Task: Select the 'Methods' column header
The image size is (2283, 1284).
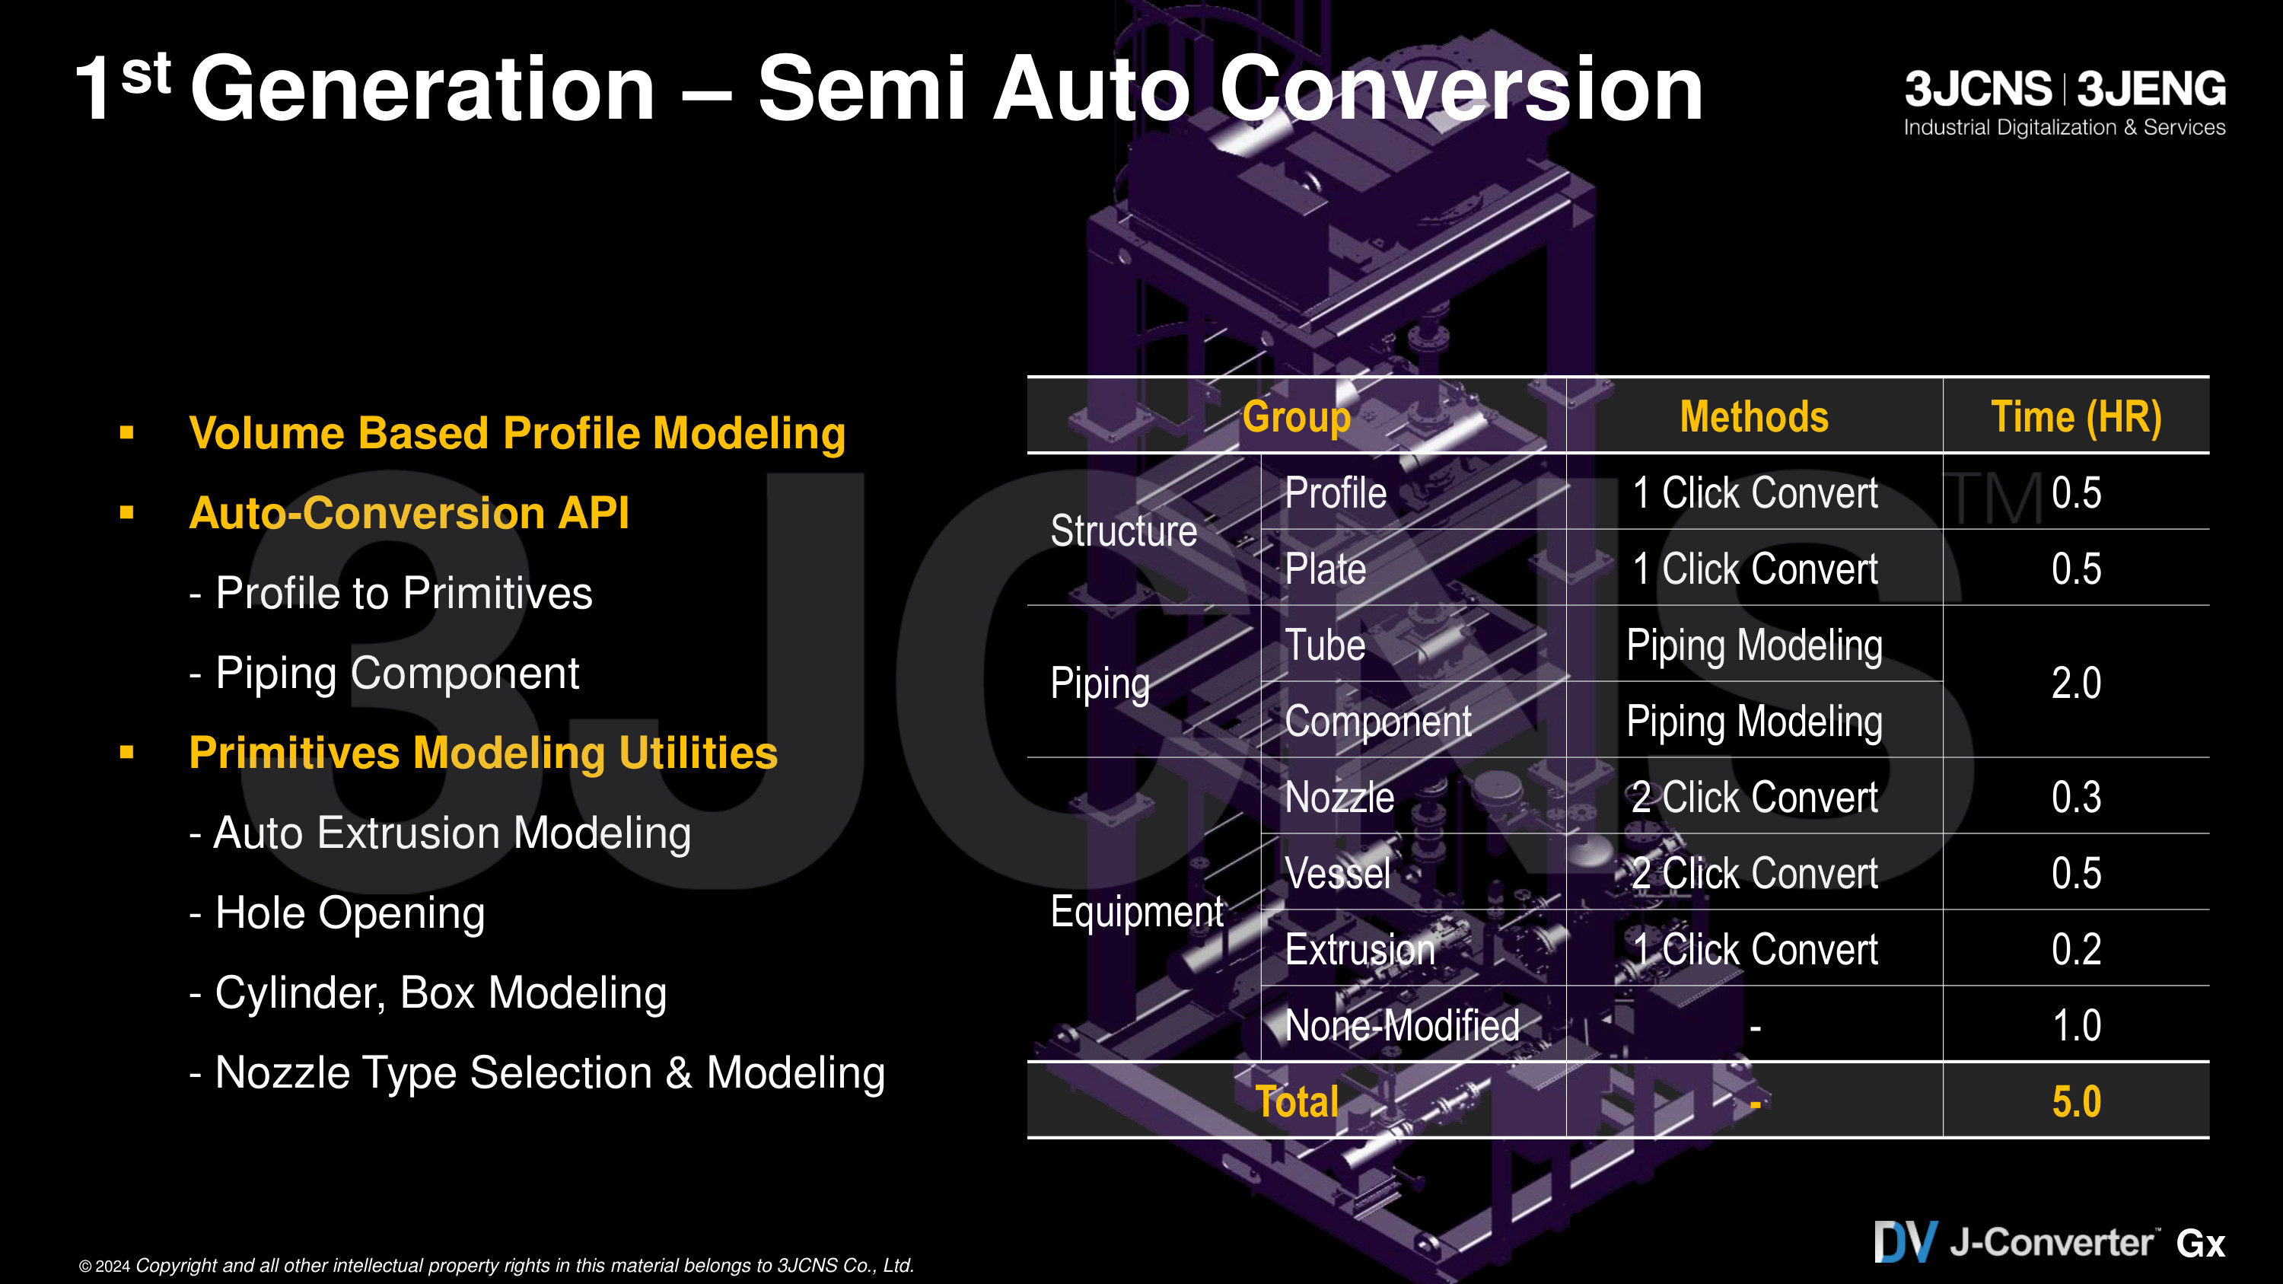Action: pyautogui.click(x=1754, y=416)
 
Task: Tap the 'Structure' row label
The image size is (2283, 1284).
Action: pyautogui.click(x=1124, y=530)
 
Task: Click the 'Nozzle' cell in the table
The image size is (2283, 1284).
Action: pyautogui.click(x=1339, y=797)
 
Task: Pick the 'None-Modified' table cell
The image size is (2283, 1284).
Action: pyautogui.click(x=1402, y=1025)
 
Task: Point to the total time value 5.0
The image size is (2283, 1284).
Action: pyautogui.click(x=2077, y=1101)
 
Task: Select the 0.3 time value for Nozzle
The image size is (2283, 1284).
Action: pyautogui.click(x=2077, y=797)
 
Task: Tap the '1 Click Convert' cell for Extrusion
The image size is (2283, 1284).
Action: pyautogui.click(x=1755, y=949)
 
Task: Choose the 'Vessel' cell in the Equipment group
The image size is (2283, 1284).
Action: pyautogui.click(x=1337, y=873)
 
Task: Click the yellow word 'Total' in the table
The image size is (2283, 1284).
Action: pyautogui.click(x=1298, y=1101)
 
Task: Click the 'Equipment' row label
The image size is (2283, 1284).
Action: pyautogui.click(x=1137, y=912)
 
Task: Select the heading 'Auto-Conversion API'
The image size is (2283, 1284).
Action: pyautogui.click(x=409, y=512)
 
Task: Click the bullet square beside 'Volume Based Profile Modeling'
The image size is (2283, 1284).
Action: pyautogui.click(x=127, y=432)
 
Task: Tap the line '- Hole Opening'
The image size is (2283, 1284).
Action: pyautogui.click(x=337, y=913)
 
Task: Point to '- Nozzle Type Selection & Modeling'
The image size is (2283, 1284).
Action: pyautogui.click(x=537, y=1072)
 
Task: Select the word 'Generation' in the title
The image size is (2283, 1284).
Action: pyautogui.click(x=423, y=88)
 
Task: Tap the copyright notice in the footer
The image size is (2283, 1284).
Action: pyautogui.click(x=496, y=1266)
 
